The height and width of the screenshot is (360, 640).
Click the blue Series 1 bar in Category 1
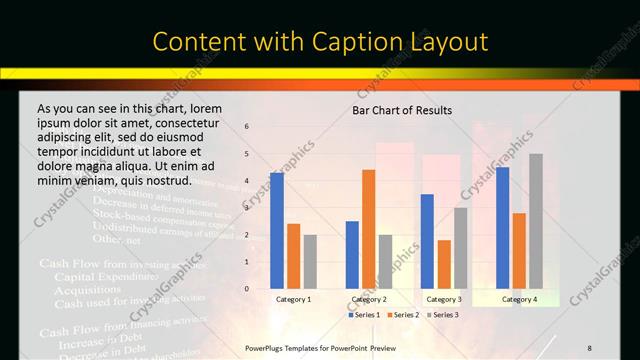click(x=277, y=230)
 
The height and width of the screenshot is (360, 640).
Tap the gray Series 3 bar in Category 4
click(x=536, y=221)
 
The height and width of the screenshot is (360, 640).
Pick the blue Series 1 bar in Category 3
click(x=427, y=241)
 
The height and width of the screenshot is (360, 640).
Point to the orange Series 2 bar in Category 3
click(x=444, y=264)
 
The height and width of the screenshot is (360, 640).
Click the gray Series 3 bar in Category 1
click(x=310, y=262)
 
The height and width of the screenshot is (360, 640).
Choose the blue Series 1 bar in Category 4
click(x=502, y=228)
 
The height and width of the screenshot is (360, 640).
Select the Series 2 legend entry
click(x=404, y=315)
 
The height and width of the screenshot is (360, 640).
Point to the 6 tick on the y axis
click(x=246, y=127)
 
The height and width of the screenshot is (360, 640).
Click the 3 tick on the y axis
click(x=246, y=208)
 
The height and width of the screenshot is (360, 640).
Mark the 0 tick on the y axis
click(x=246, y=289)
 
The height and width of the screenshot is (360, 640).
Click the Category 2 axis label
click(x=369, y=299)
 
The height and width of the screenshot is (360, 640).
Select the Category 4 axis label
click(x=519, y=299)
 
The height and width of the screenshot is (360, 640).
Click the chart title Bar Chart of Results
click(x=402, y=110)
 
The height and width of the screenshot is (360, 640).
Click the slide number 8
click(x=589, y=348)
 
